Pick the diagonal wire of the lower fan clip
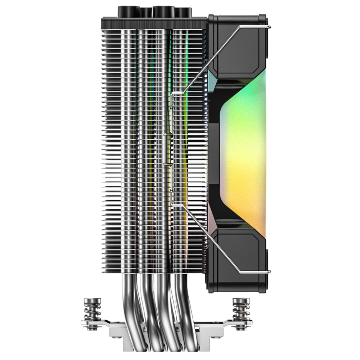coord(212,230)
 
